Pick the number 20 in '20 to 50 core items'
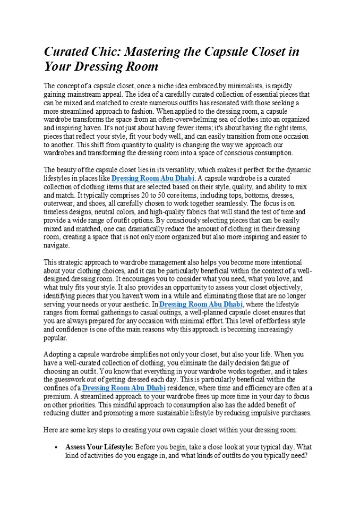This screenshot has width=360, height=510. coord(118,195)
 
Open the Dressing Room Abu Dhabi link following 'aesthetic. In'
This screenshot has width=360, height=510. coord(201,304)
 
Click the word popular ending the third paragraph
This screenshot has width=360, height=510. coord(55,337)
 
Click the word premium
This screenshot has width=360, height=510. coord(57,396)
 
